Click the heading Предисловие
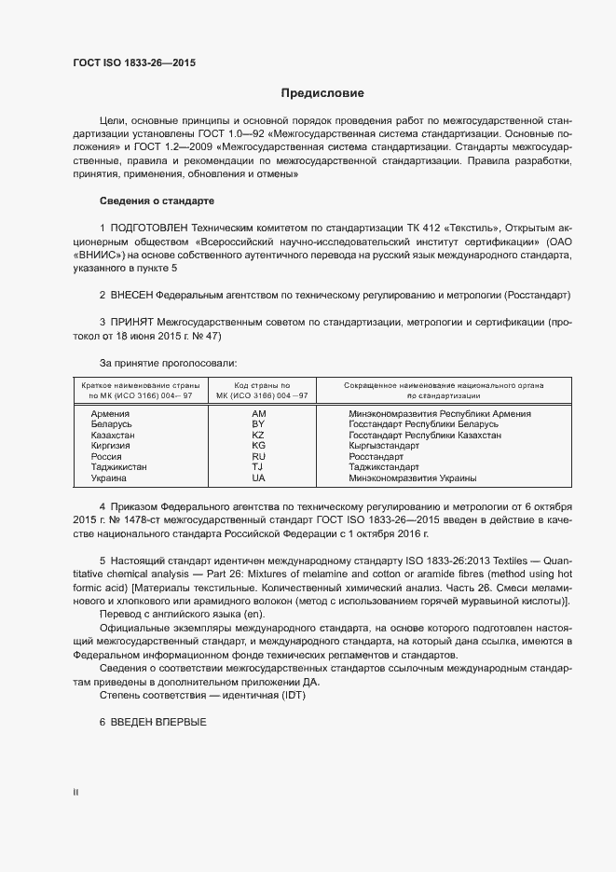[x=322, y=93]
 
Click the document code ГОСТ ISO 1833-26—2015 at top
[x=134, y=63]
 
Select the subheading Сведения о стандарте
[x=157, y=201]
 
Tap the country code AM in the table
[x=259, y=413]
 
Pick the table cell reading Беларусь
[x=112, y=424]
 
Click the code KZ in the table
[x=259, y=436]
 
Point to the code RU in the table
[x=259, y=457]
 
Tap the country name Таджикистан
[x=119, y=467]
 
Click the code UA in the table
[x=259, y=478]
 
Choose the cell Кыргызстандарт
[x=387, y=446]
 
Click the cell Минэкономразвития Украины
[x=413, y=478]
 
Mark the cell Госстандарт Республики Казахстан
[x=425, y=436]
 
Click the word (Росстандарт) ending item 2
[x=537, y=295]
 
